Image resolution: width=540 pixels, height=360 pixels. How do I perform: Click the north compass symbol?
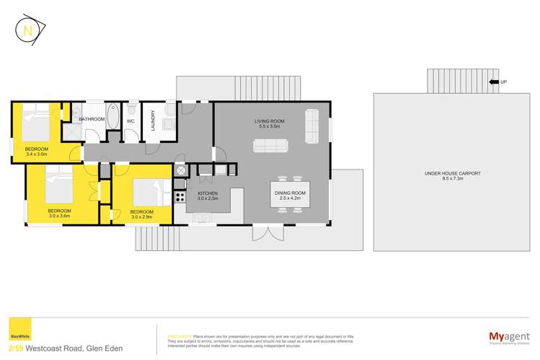pos(28,32)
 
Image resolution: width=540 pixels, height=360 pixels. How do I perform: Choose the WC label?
pos(130,121)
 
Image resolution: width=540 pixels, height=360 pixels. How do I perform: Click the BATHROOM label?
pos(92,119)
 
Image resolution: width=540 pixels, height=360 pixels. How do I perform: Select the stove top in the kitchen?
pos(180,195)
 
